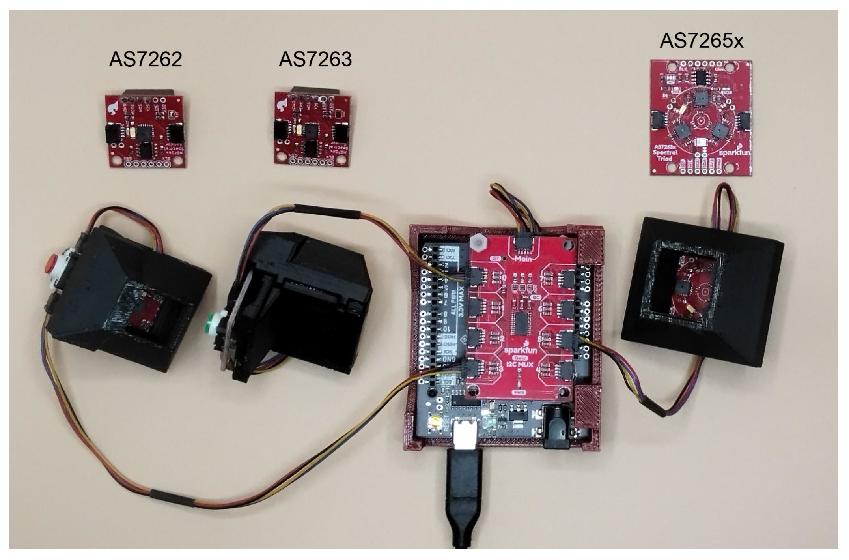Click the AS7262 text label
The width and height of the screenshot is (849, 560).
[146, 59]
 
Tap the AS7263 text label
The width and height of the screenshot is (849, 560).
[315, 59]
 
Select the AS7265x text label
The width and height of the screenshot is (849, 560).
[702, 41]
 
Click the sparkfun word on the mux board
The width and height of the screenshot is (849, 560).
[521, 350]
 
